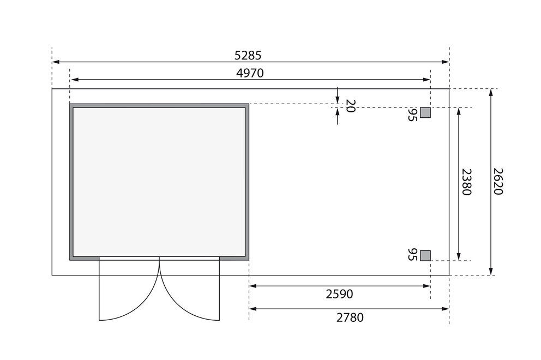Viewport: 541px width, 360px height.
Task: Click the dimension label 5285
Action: [x=248, y=55]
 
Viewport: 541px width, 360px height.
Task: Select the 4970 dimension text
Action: [x=250, y=73]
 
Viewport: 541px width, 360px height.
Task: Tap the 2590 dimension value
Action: [x=340, y=294]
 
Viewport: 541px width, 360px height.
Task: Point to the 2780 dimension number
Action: [x=350, y=317]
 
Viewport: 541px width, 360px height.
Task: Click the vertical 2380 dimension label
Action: [x=466, y=182]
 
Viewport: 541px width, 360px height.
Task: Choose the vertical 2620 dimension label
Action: [x=498, y=182]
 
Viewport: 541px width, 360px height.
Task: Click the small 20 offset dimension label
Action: [x=350, y=106]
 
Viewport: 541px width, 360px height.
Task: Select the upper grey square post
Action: [x=425, y=112]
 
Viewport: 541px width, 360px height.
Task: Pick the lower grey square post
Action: [x=425, y=255]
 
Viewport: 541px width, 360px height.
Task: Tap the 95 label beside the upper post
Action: [x=412, y=115]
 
